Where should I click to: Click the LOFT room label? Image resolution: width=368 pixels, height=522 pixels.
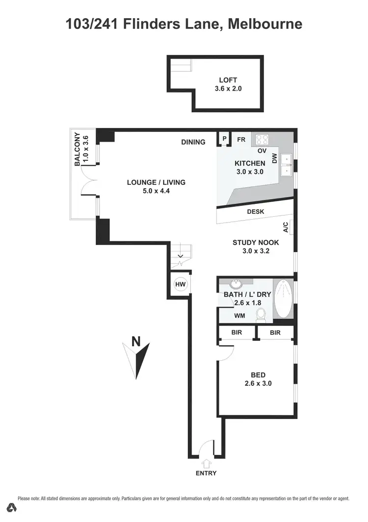coord(228,80)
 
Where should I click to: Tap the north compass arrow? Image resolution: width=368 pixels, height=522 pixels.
coord(136,358)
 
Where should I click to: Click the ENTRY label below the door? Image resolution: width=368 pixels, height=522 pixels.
coord(206,473)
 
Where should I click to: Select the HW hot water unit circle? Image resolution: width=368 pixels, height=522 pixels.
coord(180,284)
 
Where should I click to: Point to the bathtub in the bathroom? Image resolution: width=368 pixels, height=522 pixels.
coord(282,299)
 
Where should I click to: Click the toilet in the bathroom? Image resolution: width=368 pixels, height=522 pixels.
coord(261,314)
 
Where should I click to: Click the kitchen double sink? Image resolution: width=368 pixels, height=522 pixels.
coord(287,164)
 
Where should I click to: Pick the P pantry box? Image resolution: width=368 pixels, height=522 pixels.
coord(224,139)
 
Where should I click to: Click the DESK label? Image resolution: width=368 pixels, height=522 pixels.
coord(256,212)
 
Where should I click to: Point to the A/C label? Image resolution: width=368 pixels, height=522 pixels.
coord(286,227)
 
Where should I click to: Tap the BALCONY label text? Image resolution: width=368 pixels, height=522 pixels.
coord(78,149)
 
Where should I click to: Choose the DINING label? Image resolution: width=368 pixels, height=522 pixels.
coord(193,142)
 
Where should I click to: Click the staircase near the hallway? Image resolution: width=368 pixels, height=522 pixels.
coord(180,255)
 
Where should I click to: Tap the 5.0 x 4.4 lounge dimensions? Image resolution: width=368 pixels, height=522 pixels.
coord(156,191)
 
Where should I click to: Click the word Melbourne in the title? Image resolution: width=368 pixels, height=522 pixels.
coord(265,23)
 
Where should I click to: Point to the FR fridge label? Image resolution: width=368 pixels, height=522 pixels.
coord(241,139)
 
